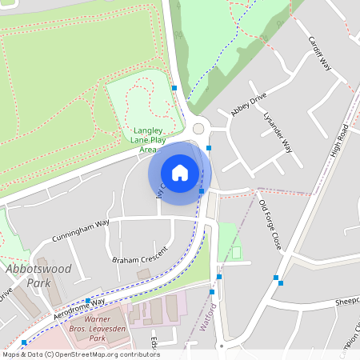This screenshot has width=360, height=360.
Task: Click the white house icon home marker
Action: point(180,173)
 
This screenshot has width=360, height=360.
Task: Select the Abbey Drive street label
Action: point(248,105)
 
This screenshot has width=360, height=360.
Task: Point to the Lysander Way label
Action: point(278,133)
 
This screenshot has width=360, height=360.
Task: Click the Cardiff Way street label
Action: point(319,54)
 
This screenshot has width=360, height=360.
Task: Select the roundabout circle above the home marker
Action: point(198,129)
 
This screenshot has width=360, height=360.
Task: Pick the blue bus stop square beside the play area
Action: point(174,88)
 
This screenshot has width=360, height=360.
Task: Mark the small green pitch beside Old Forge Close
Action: point(236,253)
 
